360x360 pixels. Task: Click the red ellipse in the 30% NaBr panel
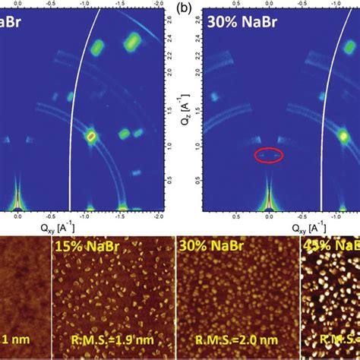pyautogui.click(x=268, y=155)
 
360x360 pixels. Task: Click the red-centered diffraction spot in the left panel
pyautogui.click(x=90, y=137)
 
